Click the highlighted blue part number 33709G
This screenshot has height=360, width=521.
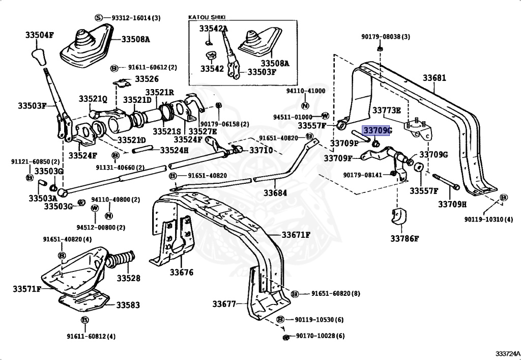[x=377, y=131]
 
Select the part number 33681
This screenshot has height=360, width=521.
[x=434, y=78]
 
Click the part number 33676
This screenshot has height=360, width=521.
[x=182, y=272]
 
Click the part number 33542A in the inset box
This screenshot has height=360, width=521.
[x=213, y=29]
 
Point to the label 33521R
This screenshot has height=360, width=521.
[x=160, y=92]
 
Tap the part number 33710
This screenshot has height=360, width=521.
[x=260, y=150]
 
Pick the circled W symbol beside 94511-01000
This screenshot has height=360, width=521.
[x=324, y=116]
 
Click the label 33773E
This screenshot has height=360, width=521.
[x=386, y=110]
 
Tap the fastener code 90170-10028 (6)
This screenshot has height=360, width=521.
[x=320, y=336]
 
